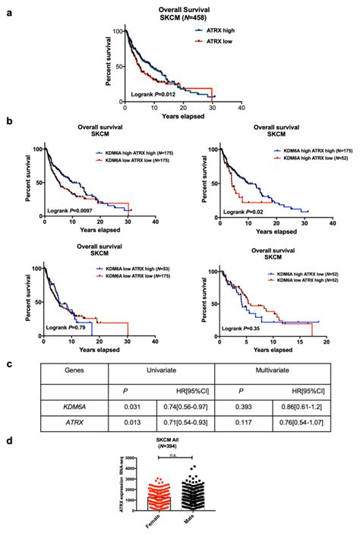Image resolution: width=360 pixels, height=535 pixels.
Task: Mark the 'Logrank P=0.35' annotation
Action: point(245,329)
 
